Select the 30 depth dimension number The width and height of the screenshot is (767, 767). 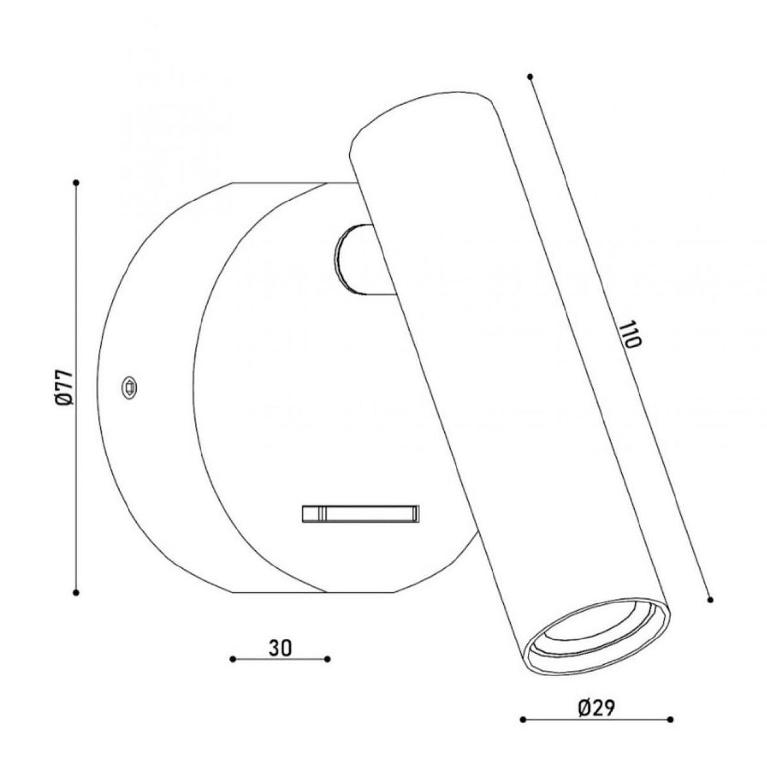(x=280, y=648)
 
